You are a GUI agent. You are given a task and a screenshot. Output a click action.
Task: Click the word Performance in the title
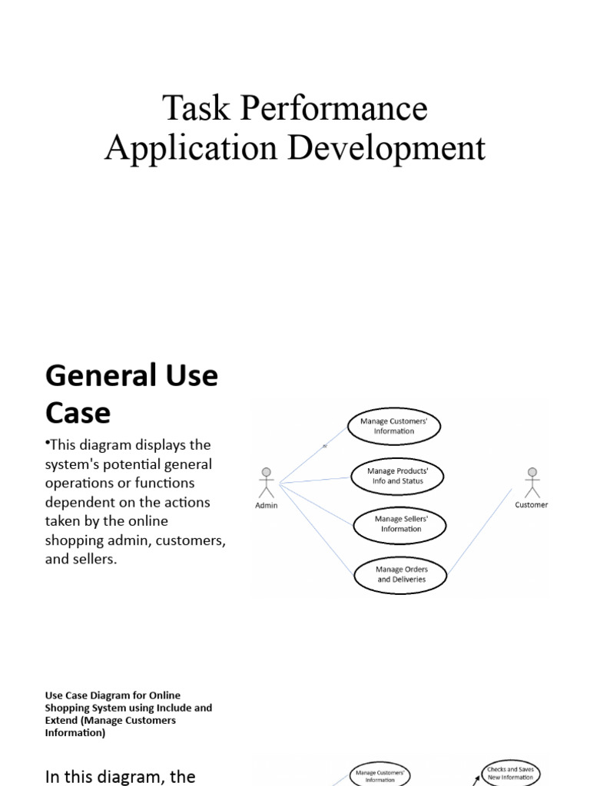click(335, 108)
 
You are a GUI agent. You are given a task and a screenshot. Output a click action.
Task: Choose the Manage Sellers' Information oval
click(401, 524)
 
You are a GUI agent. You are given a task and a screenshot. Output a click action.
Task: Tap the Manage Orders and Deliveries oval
click(401, 575)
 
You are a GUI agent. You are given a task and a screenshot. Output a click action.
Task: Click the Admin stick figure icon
click(267, 482)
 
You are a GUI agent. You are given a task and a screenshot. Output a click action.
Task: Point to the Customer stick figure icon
click(532, 482)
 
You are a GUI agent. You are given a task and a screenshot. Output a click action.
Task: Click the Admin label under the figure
click(267, 506)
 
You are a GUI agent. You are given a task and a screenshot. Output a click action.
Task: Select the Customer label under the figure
click(532, 505)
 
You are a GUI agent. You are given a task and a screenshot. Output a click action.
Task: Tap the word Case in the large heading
click(78, 413)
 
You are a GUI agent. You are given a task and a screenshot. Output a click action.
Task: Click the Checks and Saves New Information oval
click(511, 773)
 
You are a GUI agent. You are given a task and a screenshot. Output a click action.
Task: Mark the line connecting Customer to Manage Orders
click(480, 533)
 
